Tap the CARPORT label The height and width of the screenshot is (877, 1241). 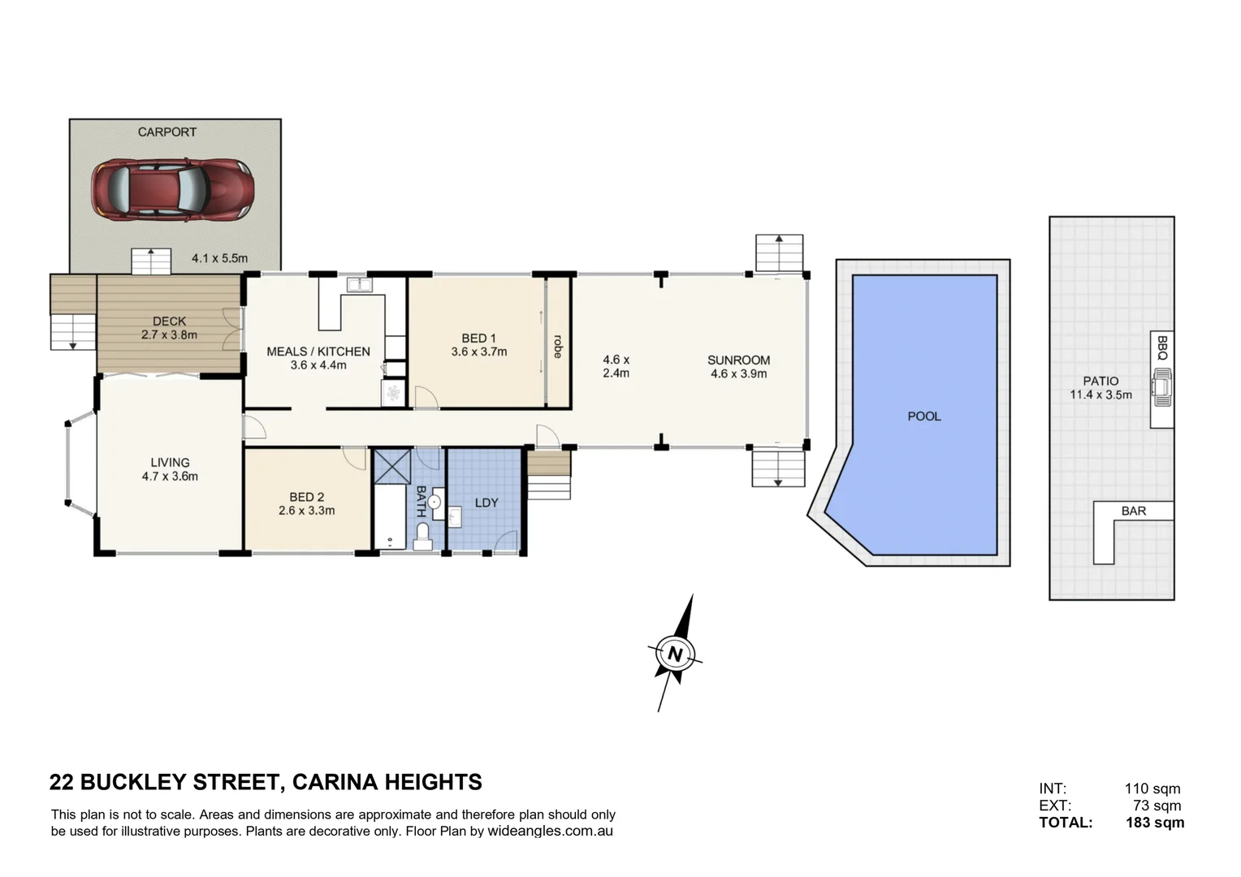point(166,132)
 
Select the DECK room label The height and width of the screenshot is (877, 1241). point(169,322)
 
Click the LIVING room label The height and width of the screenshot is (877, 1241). point(170,463)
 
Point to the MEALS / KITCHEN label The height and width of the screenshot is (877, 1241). point(318,352)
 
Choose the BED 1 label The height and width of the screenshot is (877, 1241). point(478,338)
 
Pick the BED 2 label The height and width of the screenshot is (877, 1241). point(306,497)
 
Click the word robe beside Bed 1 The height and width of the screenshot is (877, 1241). point(557,346)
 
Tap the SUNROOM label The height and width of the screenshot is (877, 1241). point(738,360)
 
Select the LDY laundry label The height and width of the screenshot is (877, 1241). point(486,503)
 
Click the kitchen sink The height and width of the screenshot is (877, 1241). point(357,285)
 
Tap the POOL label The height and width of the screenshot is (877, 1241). point(923,416)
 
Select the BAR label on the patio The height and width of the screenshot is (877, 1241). point(1133,511)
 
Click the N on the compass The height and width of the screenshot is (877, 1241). point(674,654)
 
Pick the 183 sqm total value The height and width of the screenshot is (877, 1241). point(1154,823)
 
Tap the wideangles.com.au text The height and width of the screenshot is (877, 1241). point(550,832)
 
